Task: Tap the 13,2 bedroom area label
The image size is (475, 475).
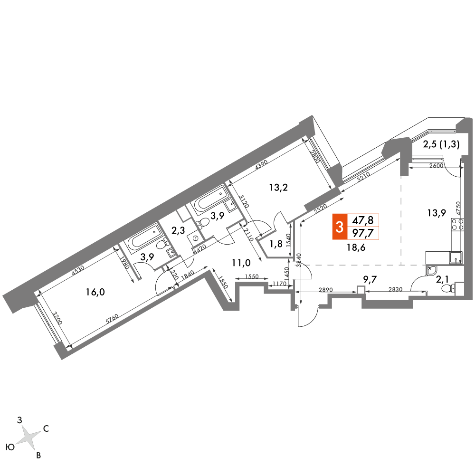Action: pyautogui.click(x=278, y=188)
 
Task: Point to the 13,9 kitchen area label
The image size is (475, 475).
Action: pyautogui.click(x=437, y=213)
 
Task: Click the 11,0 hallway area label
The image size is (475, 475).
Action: pyautogui.click(x=241, y=263)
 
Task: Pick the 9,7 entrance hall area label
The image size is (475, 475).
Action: pyautogui.click(x=370, y=279)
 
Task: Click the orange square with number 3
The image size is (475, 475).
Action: pyautogui.click(x=340, y=227)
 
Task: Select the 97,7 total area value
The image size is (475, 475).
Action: pyautogui.click(x=362, y=233)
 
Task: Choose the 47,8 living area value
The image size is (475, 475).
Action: pyautogui.click(x=362, y=220)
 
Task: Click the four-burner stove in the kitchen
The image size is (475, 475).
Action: pyautogui.click(x=457, y=225)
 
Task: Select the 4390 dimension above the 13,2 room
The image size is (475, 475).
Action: pyautogui.click(x=261, y=166)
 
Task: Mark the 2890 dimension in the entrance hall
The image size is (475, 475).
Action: pyautogui.click(x=326, y=290)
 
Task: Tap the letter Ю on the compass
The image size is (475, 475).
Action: pyautogui.click(x=10, y=447)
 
